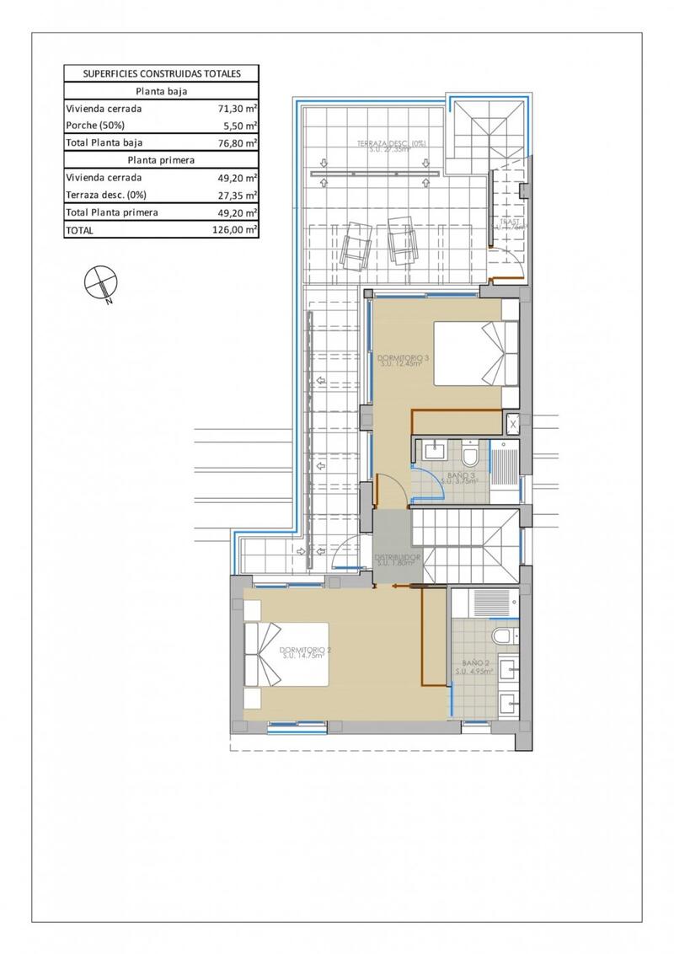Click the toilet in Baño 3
470,456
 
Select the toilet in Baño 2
504,636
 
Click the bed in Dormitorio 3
476,353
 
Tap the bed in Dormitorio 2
286,655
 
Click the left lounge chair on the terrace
356,244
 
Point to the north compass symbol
99,282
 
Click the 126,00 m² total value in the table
235,230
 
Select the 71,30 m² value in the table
235,109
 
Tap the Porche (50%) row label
94,126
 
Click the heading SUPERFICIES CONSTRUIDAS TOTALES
162,73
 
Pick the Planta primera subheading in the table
162,160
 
